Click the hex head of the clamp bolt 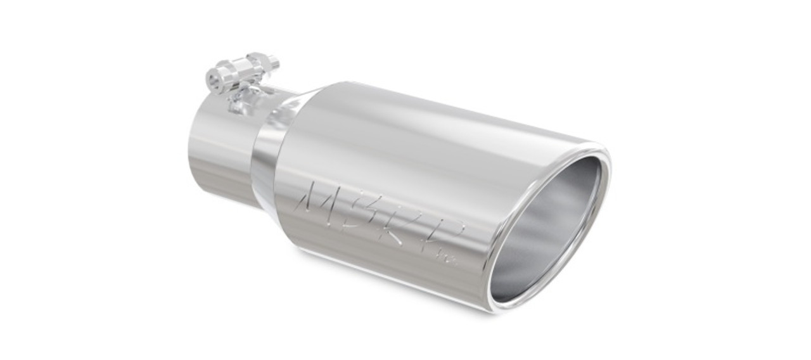(219, 79)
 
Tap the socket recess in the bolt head (214, 80)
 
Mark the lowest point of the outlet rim (501, 308)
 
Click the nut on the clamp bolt (260, 63)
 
